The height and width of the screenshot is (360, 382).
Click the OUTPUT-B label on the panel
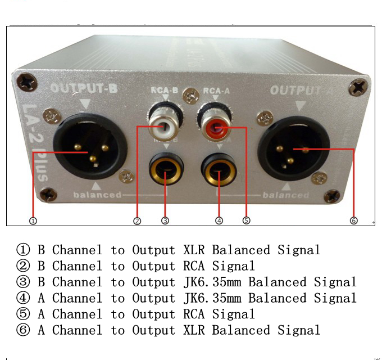coord(84,88)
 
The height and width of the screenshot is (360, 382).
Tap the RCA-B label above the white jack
coord(165,90)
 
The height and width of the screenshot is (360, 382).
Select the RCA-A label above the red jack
coord(216,91)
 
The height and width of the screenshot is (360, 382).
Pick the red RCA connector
coord(215,124)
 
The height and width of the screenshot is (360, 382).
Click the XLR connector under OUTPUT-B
coord(90,148)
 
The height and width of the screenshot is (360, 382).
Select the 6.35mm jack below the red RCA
coord(219,169)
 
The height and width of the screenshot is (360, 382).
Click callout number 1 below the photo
coord(33,221)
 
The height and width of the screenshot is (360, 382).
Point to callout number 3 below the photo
coord(165,220)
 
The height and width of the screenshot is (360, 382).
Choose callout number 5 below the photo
coord(246,220)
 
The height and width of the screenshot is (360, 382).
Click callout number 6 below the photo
coord(354,220)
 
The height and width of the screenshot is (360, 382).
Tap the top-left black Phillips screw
coord(27,82)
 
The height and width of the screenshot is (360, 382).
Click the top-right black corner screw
coord(359,87)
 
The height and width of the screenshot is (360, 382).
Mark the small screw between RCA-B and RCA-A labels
coord(191,95)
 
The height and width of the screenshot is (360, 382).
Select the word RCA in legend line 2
coord(194,266)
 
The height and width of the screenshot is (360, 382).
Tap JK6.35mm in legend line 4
coord(212,298)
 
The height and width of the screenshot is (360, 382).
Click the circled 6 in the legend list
coord(23,330)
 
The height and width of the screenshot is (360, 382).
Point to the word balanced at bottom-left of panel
coord(97,195)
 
